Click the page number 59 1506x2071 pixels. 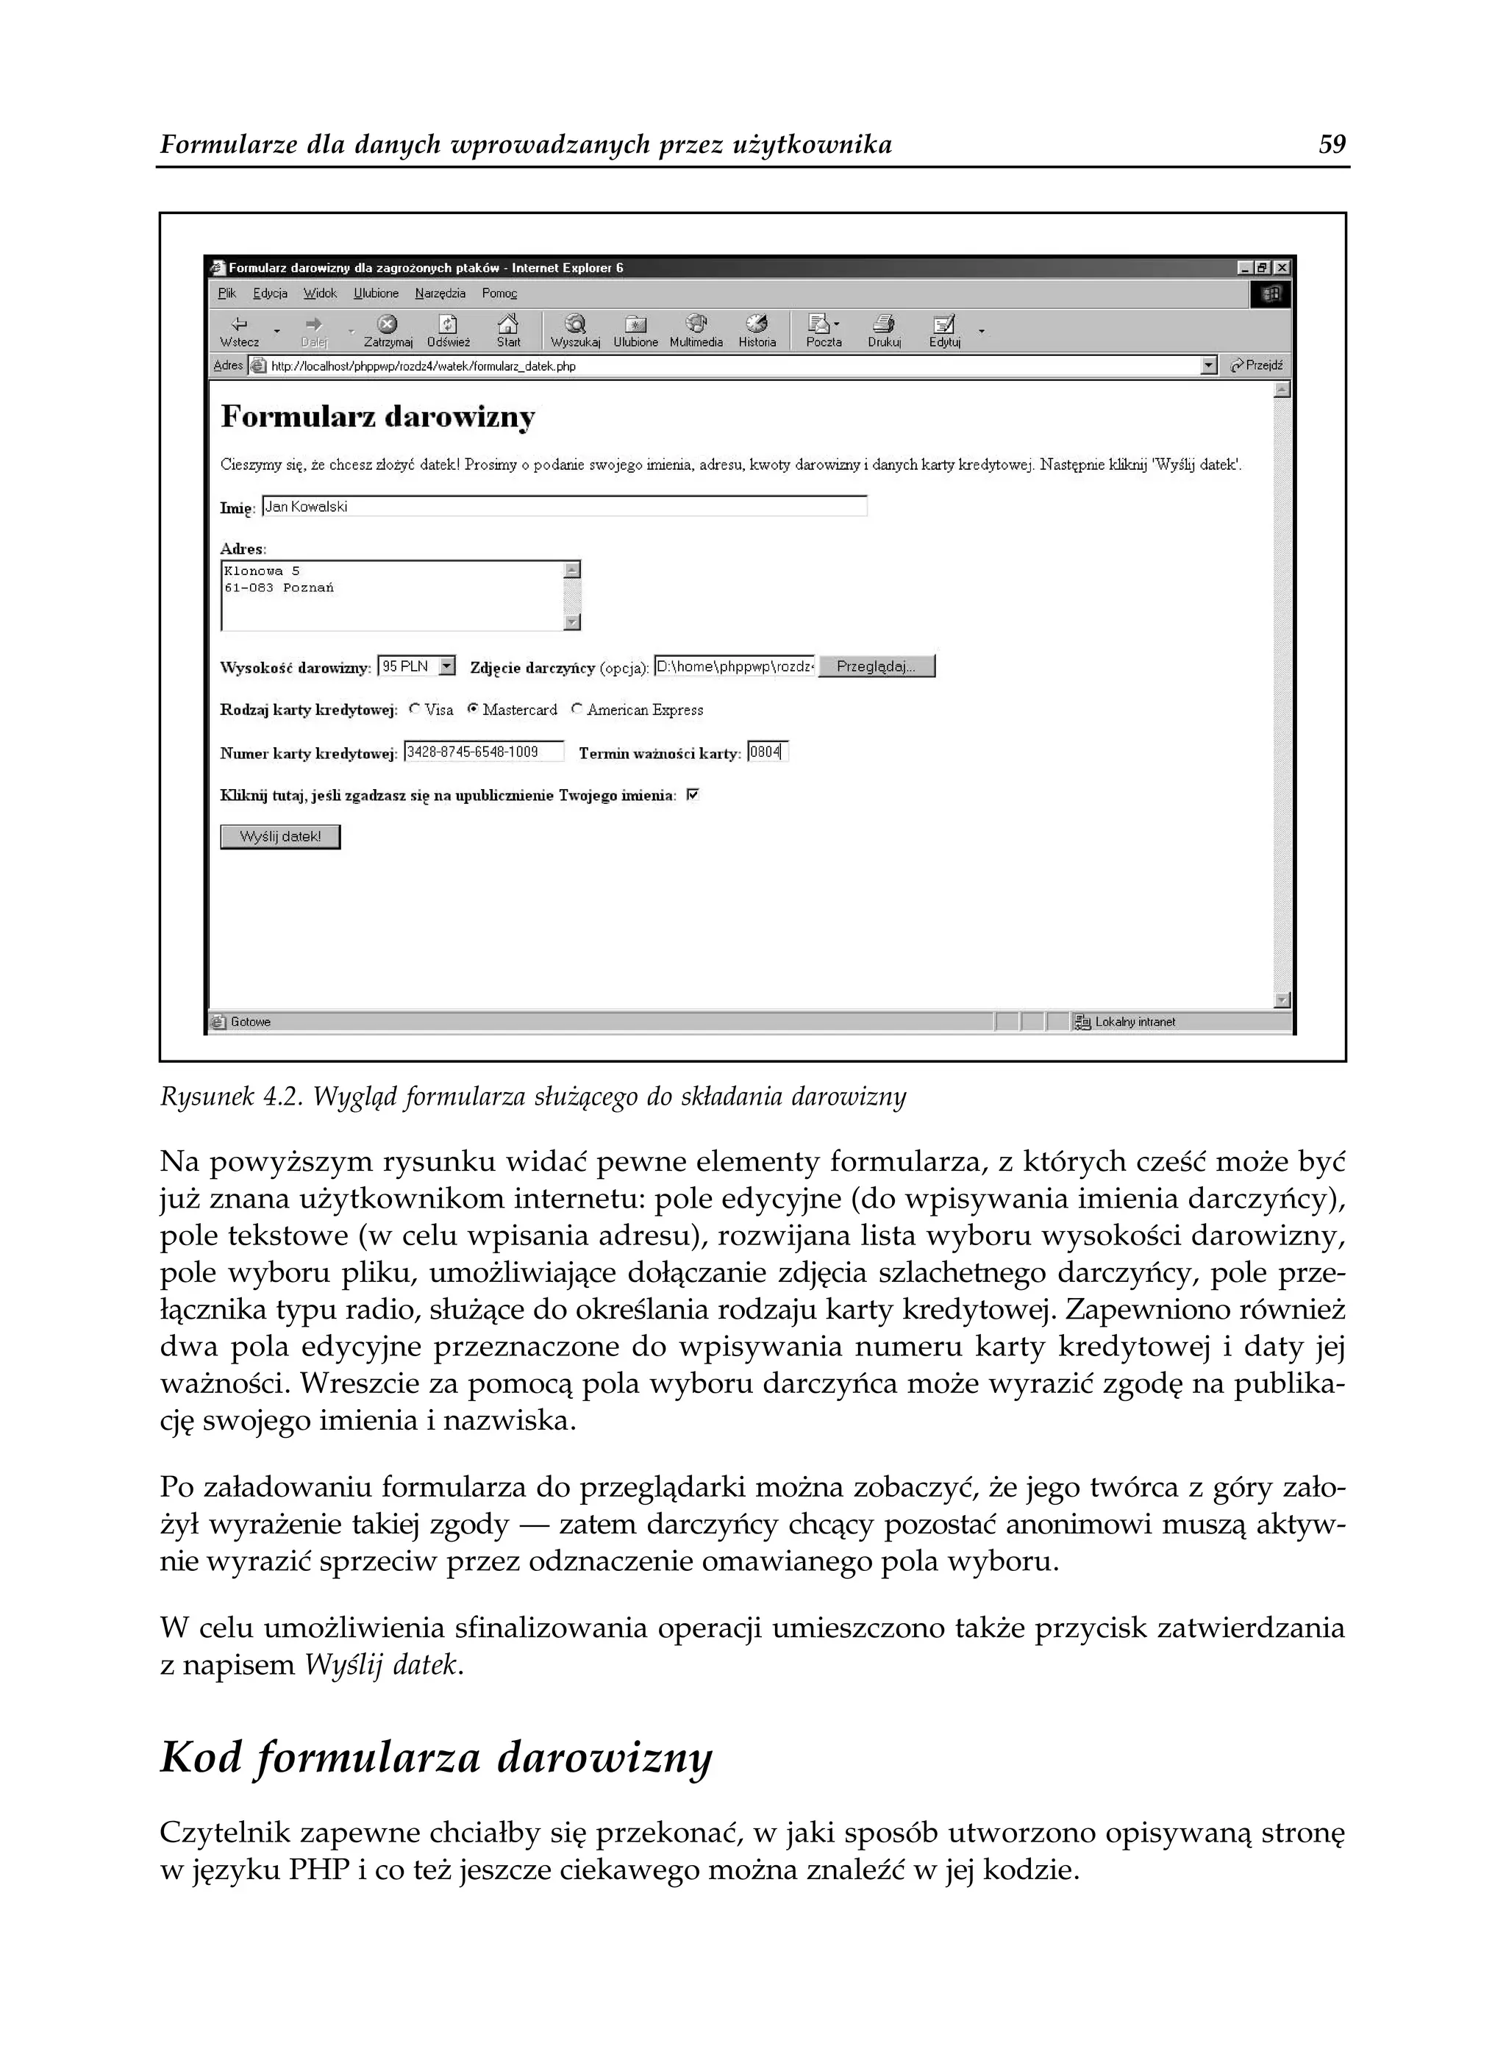pos(1332,144)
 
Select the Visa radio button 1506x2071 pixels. pos(415,708)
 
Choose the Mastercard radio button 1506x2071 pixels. pos(473,708)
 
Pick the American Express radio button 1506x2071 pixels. pos(577,708)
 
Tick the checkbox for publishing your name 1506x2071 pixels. pos(692,795)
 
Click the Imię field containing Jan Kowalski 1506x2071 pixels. pos(563,507)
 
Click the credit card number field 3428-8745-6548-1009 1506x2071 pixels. pos(483,752)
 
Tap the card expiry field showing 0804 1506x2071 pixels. pos(766,752)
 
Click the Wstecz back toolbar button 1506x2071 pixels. pos(239,330)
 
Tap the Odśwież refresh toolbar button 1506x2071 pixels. pos(448,330)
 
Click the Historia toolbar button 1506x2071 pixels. pos(757,330)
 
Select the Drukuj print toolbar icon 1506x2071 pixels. pos(883,330)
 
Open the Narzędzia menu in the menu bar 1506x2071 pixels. pos(440,293)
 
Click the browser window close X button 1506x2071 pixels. pos(1282,268)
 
